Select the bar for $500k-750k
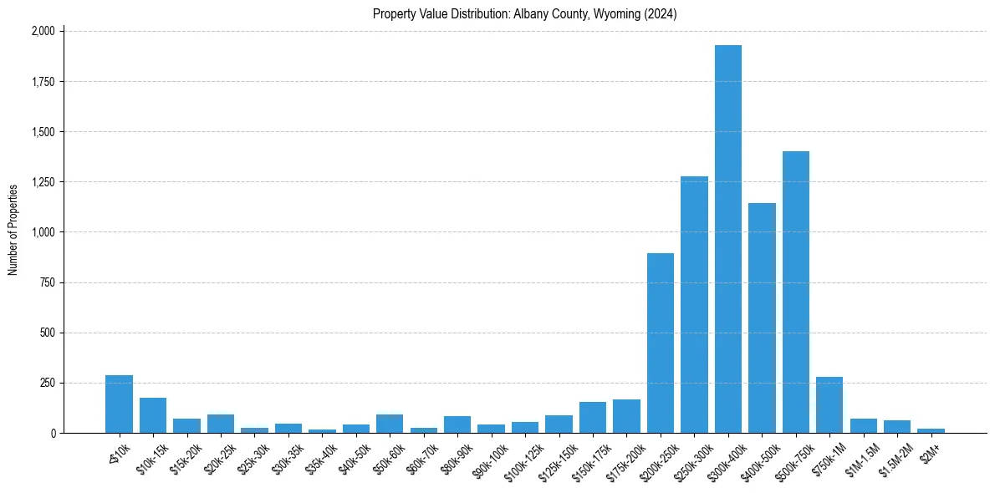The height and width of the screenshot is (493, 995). pos(796,292)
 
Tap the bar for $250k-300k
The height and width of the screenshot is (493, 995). pos(694,305)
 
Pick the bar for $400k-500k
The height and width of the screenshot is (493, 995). pos(762,318)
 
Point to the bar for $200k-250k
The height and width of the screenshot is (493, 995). pos(661,343)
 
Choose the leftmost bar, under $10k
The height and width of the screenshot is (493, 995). pos(119,404)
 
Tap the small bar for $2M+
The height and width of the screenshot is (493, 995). pos(931,430)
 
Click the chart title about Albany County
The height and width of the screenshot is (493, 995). pos(525,14)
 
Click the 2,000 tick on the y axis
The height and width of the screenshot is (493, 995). pos(43,31)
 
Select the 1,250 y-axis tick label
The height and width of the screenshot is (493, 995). pos(43,182)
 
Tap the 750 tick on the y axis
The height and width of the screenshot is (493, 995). pos(47,282)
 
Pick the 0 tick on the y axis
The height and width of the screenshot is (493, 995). pos(52,433)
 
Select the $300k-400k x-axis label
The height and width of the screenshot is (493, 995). pos(725,459)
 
